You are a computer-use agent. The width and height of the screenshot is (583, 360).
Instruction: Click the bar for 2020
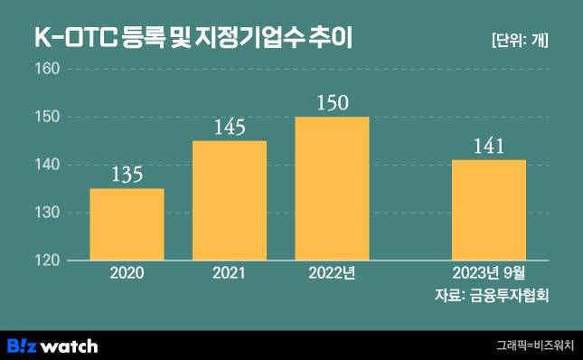[x=127, y=224]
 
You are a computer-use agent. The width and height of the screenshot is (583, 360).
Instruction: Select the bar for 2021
[x=230, y=201]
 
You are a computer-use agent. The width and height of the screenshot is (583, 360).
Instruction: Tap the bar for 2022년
[x=332, y=188]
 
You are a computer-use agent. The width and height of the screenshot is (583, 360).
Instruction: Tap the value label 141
[x=488, y=146]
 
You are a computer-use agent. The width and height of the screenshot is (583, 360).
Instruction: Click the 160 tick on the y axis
[x=47, y=69]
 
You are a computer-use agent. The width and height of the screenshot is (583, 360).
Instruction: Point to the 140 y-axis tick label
[x=47, y=165]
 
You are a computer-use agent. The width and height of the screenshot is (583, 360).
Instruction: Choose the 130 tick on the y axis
[x=47, y=213]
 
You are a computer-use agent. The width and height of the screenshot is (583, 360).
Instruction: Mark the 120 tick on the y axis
[x=47, y=261]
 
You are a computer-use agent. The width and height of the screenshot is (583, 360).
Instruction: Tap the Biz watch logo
[x=52, y=346]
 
